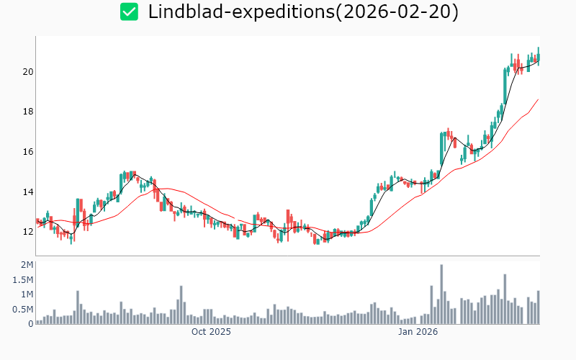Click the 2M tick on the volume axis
(26, 265)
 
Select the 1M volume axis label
(26, 294)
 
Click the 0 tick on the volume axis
(30, 324)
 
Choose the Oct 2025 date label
(211, 332)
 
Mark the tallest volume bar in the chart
(441, 294)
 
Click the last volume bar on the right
(538, 307)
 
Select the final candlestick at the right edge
(538, 56)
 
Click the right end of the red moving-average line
(538, 99)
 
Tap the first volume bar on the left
(37, 322)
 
